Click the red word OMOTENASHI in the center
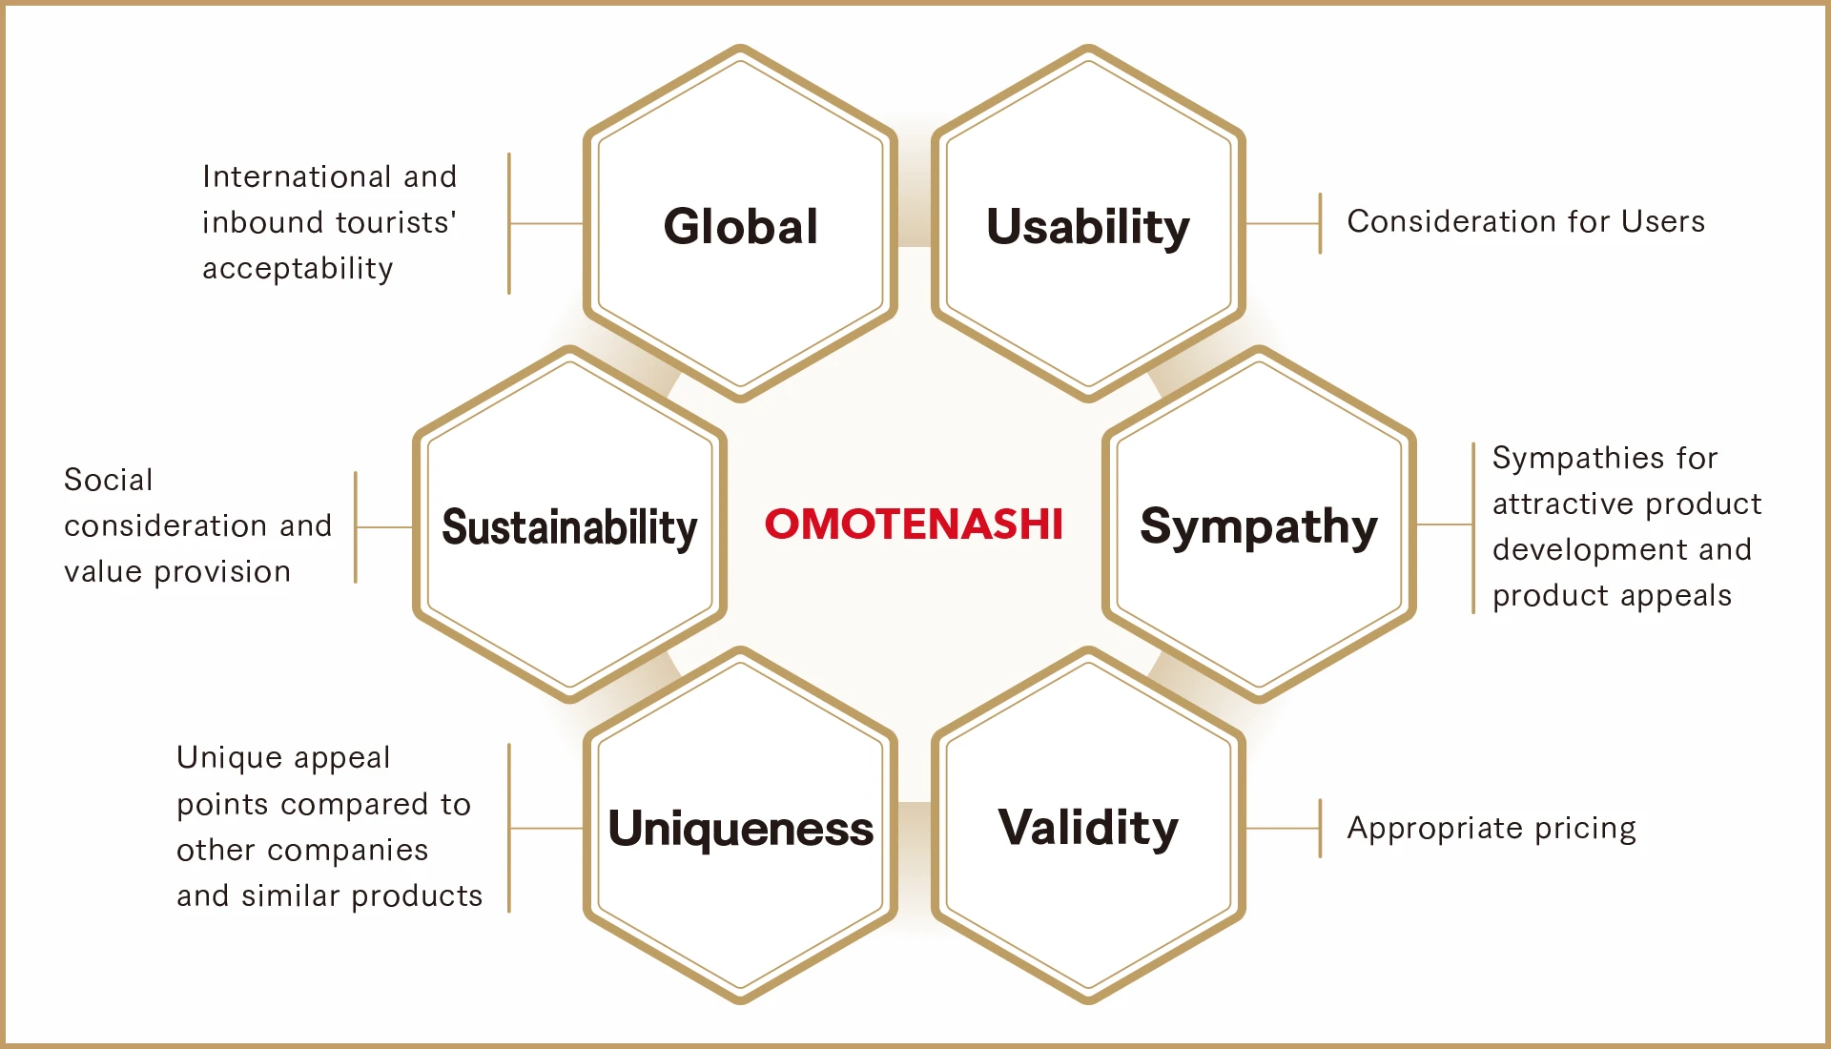click(x=914, y=524)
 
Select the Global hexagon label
click(x=741, y=226)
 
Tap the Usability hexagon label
click(x=1088, y=228)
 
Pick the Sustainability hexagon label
click(x=569, y=527)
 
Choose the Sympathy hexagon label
click(x=1259, y=527)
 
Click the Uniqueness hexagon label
click(x=741, y=828)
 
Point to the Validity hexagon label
click(x=1088, y=828)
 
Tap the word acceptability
click(x=298, y=269)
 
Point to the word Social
click(x=108, y=480)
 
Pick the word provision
click(x=222, y=572)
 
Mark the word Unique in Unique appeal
click(x=230, y=758)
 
